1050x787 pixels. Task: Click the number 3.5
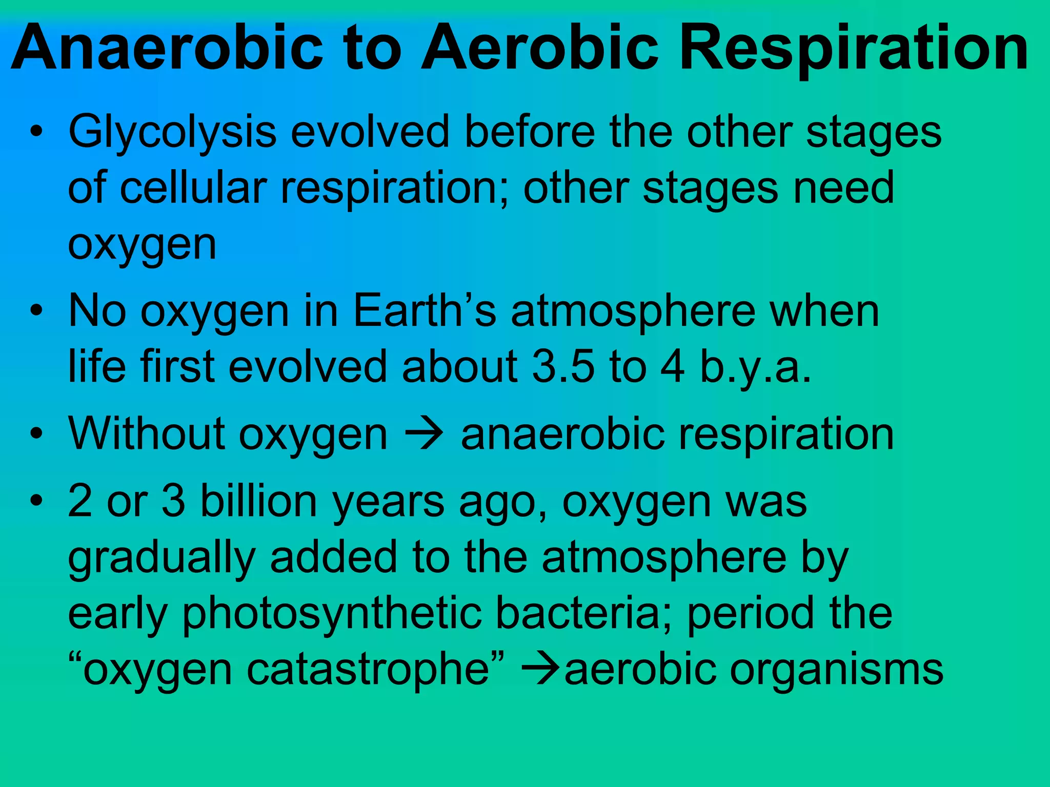click(x=563, y=367)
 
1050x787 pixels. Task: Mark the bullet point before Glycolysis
click(x=35, y=133)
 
